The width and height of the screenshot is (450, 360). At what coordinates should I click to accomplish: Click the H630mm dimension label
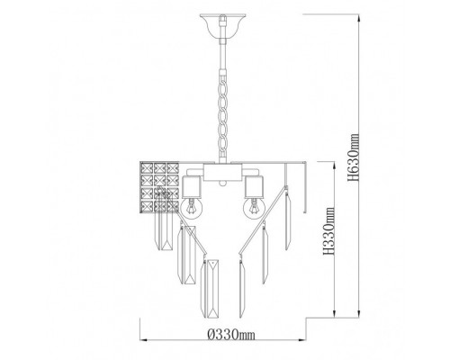353,157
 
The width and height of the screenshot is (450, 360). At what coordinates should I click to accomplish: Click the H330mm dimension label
329,231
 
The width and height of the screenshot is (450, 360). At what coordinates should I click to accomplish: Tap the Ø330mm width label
231,334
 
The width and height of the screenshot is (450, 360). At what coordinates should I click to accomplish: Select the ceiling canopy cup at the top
222,27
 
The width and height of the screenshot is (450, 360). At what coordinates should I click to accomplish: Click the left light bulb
192,206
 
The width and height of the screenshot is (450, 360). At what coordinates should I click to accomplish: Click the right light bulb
254,208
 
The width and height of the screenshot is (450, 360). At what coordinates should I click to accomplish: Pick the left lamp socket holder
192,187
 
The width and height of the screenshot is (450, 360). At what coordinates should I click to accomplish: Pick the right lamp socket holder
254,187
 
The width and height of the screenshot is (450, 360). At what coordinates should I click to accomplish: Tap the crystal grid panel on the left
159,187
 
